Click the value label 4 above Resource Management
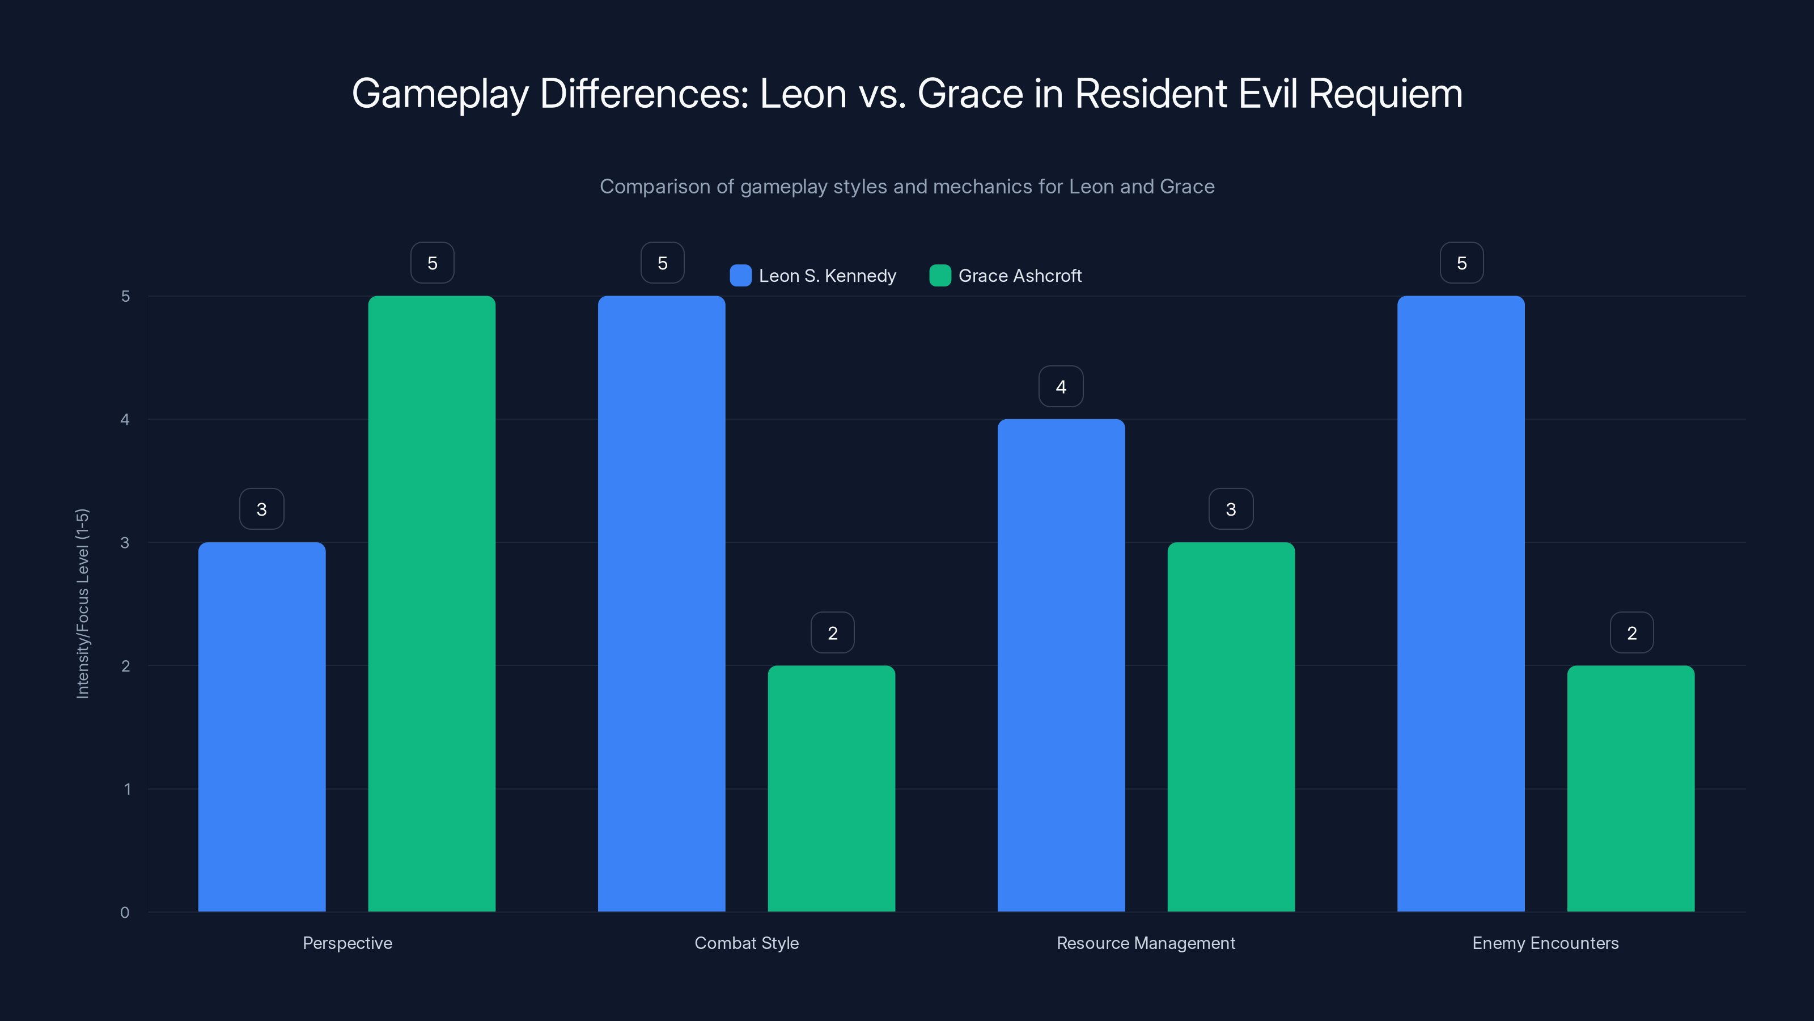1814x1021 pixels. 1061,386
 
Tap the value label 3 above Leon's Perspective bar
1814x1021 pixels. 261,509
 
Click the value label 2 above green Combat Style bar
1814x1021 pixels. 832,633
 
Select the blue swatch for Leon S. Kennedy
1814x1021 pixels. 740,276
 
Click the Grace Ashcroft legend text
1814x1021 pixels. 1019,276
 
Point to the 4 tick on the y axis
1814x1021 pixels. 125,419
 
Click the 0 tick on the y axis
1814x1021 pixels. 125,913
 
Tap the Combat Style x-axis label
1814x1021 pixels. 747,943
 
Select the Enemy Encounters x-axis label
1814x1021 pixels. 1545,943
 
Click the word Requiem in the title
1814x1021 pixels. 1384,94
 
